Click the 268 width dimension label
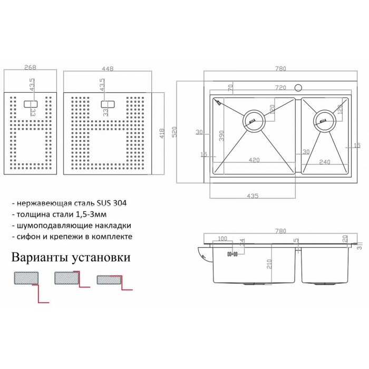[30, 67]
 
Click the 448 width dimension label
[109, 67]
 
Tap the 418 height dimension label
[162, 134]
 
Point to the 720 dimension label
[280, 88]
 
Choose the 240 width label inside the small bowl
[324, 162]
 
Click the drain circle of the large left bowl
[253, 121]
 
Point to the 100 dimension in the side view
[222, 239]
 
